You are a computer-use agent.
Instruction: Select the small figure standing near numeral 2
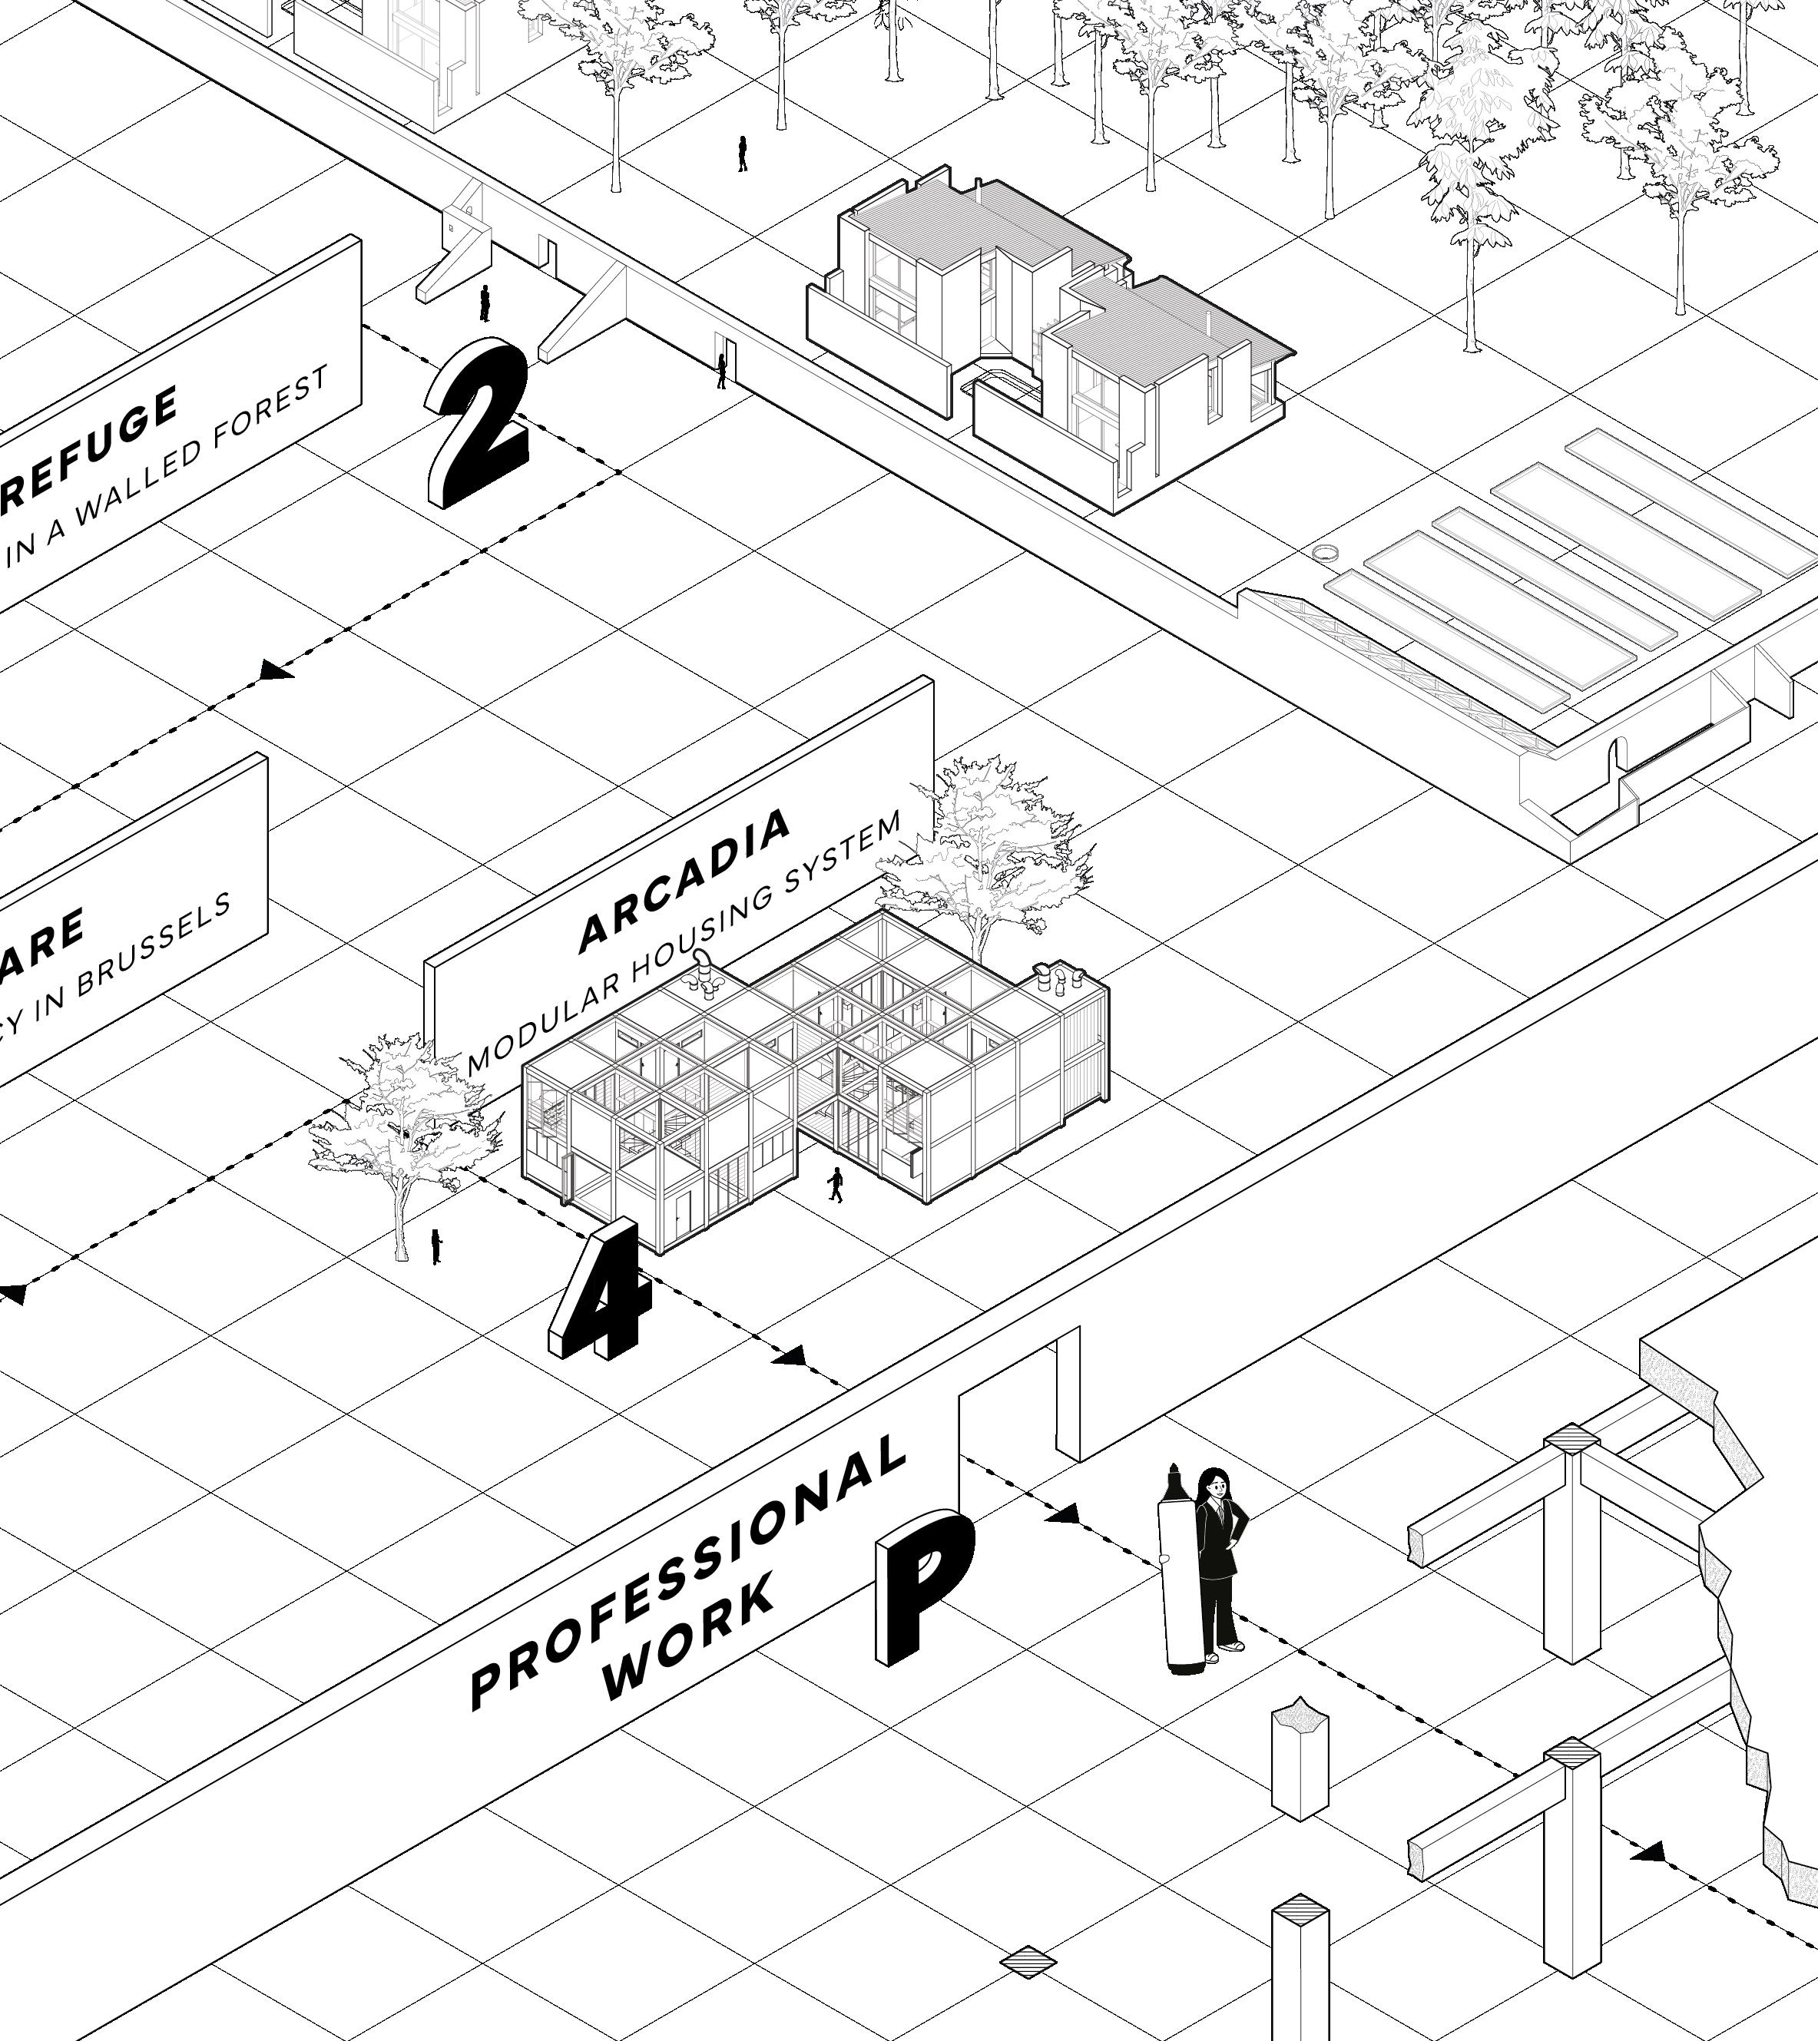485,303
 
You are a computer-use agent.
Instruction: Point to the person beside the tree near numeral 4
435,1246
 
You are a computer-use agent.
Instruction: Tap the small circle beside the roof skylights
1326,551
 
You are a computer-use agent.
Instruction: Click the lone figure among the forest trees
742,154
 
